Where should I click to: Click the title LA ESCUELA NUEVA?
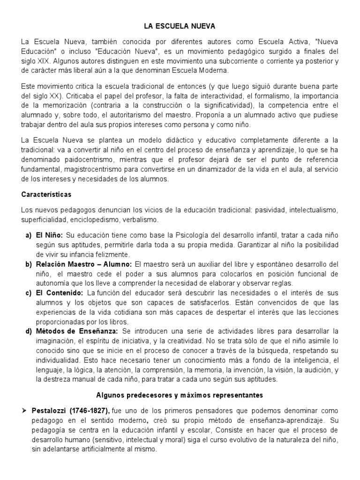coord(180,27)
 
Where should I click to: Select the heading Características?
coord(46,194)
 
